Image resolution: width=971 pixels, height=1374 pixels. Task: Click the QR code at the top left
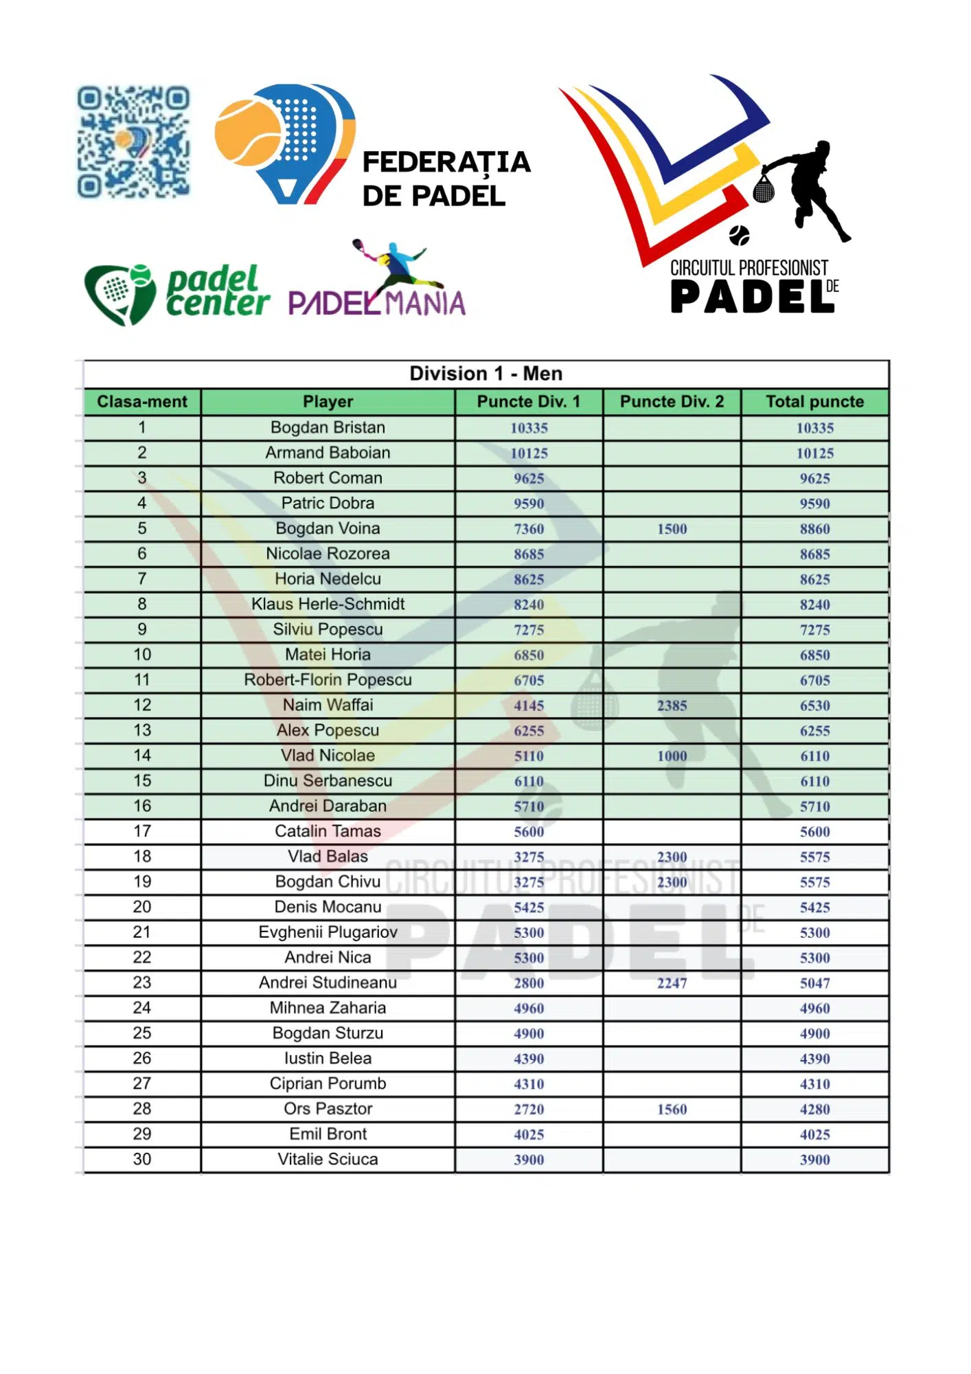(x=133, y=142)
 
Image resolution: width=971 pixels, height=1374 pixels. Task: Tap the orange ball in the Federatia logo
(x=248, y=133)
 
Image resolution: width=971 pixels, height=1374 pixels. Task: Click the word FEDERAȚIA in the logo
(x=446, y=163)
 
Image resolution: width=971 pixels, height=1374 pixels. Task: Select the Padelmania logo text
(x=377, y=303)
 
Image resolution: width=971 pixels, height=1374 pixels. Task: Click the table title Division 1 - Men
(x=485, y=374)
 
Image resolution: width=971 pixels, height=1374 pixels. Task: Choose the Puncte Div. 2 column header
(x=672, y=402)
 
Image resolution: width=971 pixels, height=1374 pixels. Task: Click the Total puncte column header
(x=814, y=402)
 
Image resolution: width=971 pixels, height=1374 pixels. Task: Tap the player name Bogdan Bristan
(x=328, y=427)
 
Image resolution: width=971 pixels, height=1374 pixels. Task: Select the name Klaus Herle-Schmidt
(x=328, y=604)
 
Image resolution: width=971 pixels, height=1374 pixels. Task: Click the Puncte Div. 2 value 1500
(x=672, y=529)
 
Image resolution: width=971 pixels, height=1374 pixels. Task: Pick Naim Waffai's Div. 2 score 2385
(x=672, y=706)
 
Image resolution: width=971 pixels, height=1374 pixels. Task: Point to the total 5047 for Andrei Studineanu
(x=814, y=983)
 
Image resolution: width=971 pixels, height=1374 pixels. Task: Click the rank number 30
(x=142, y=1159)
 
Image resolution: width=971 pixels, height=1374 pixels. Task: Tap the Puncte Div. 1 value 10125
(x=529, y=453)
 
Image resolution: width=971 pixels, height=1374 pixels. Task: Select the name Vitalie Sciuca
(x=328, y=1159)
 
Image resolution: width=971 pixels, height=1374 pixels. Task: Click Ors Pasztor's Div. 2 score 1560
(x=672, y=1109)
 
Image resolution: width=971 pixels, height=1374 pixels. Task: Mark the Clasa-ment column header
(x=142, y=402)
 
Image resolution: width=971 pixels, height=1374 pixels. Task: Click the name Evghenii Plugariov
(x=328, y=932)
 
